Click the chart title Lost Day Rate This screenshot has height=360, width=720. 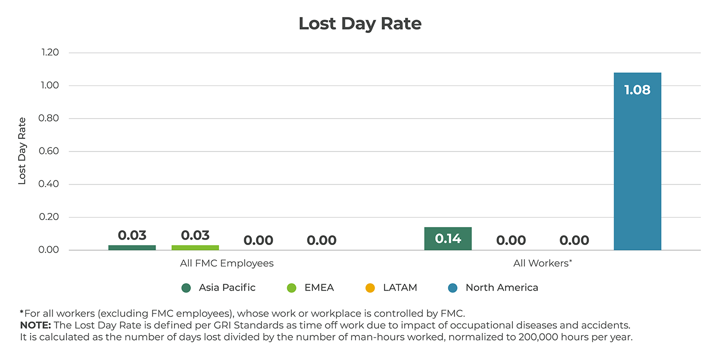359,23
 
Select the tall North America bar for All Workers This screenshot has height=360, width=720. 637,165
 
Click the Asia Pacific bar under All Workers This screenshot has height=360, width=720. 447,238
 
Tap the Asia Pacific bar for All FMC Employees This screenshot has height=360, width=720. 132,247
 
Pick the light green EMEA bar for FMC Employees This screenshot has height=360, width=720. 195,247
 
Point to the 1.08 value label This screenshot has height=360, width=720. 637,90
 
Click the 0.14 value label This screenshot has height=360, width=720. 447,238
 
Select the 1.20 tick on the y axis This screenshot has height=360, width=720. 48,52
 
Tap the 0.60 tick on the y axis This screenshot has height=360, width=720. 48,151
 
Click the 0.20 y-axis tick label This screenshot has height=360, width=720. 48,217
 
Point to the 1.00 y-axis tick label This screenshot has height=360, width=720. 48,85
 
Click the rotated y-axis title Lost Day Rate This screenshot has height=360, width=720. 22,151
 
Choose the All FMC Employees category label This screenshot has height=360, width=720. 226,263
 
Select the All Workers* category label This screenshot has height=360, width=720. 542,263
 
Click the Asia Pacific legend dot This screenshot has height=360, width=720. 186,288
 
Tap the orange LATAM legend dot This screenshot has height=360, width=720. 370,288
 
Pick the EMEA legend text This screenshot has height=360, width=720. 318,287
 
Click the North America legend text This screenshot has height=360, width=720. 501,287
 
